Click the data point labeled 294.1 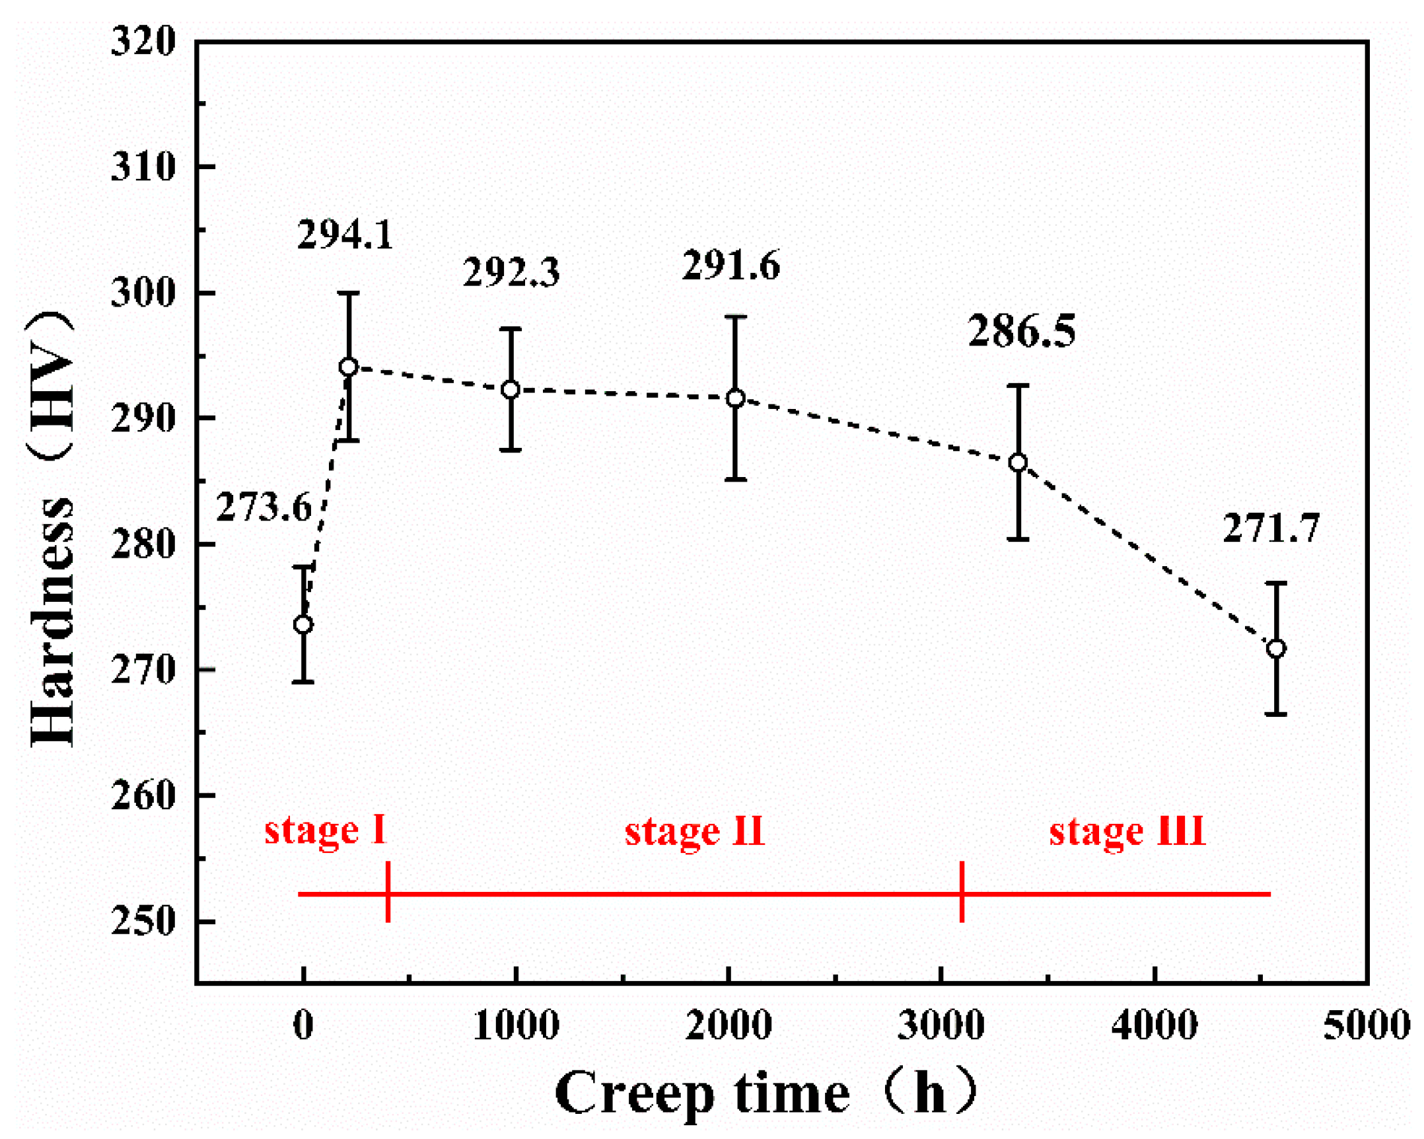(349, 367)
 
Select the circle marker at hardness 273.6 (303, 624)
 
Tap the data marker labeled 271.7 (1276, 648)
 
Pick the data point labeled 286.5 (1018, 462)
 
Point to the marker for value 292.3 (511, 390)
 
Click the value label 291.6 (731, 266)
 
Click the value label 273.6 (264, 507)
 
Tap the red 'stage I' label (325, 830)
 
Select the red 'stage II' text (695, 832)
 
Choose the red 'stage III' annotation (1127, 832)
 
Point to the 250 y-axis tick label (143, 921)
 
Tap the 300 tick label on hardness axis (143, 292)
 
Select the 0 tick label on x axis (303, 1026)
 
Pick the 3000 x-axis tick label (941, 1026)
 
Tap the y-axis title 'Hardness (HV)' (52, 529)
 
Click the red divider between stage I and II (388, 892)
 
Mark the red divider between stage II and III (962, 892)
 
